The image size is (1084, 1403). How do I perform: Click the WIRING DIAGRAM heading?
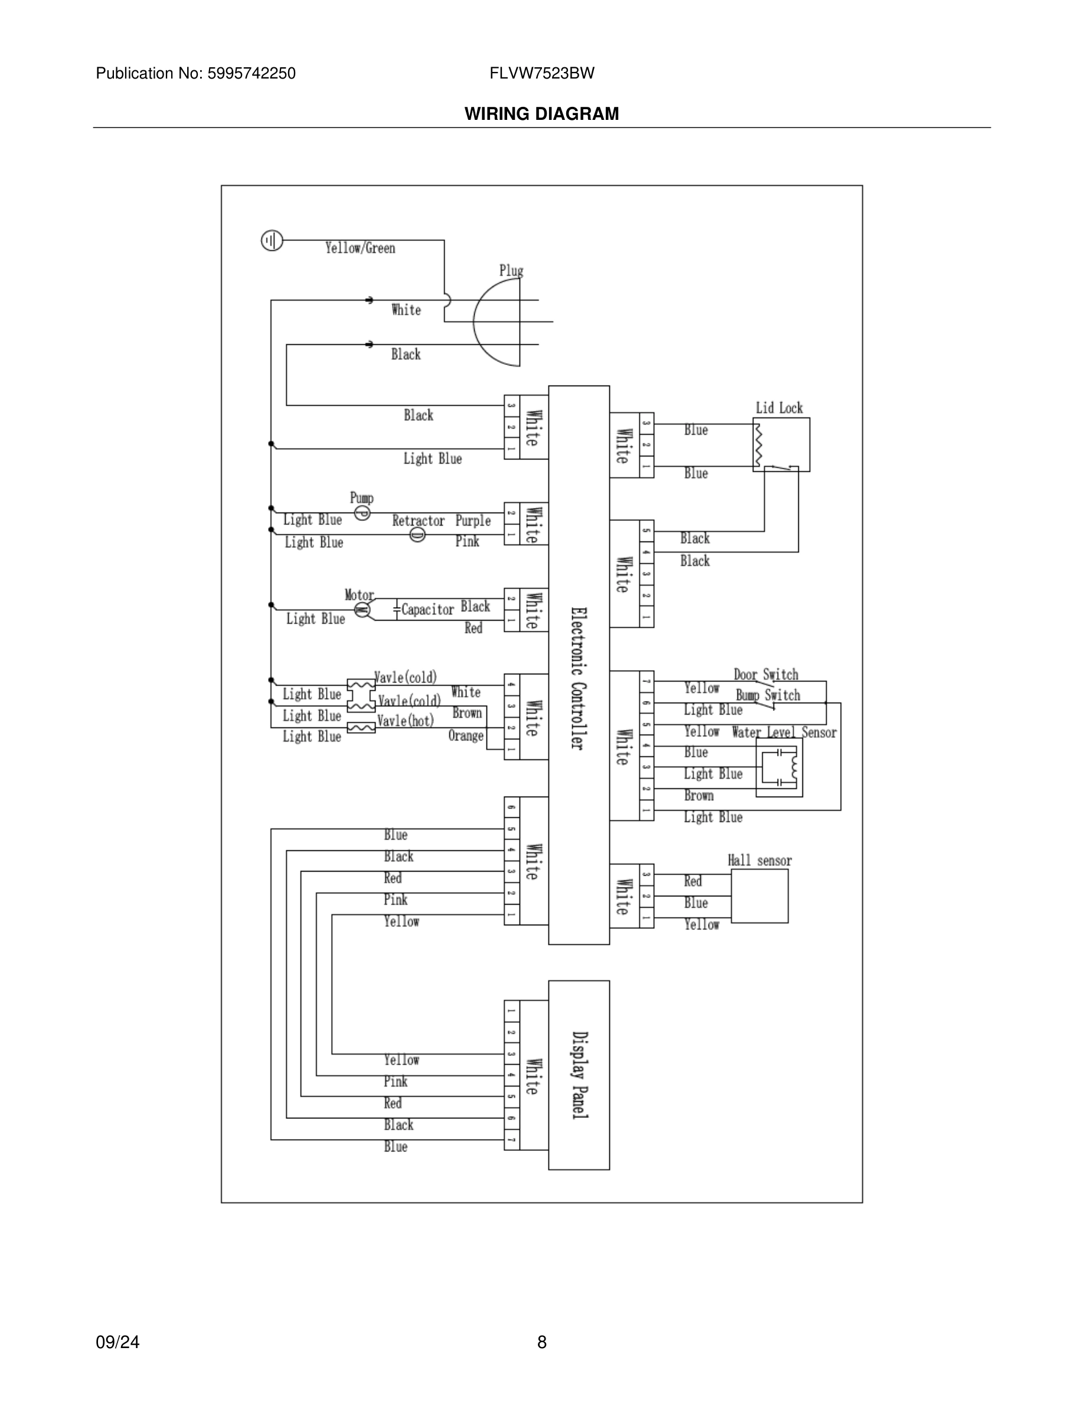click(541, 114)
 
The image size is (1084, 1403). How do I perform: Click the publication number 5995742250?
click(251, 73)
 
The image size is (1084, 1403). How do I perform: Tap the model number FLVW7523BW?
click(541, 73)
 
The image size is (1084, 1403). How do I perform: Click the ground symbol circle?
click(272, 241)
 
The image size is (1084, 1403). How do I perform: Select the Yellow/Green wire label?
click(360, 248)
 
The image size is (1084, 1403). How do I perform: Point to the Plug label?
click(511, 270)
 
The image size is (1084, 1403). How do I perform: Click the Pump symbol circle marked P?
click(362, 513)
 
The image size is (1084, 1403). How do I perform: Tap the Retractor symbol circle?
click(417, 534)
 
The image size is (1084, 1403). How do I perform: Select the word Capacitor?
click(427, 609)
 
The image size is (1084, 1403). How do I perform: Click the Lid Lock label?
click(779, 408)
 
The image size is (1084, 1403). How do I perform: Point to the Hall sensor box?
click(760, 897)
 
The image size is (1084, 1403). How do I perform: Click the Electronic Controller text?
click(578, 678)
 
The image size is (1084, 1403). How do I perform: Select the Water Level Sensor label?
click(784, 732)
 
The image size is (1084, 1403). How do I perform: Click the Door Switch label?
click(766, 674)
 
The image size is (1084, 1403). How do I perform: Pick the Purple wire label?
click(474, 520)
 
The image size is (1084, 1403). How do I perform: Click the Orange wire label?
click(466, 736)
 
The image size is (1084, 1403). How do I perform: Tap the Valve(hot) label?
click(405, 721)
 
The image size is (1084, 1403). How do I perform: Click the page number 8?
click(541, 1342)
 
